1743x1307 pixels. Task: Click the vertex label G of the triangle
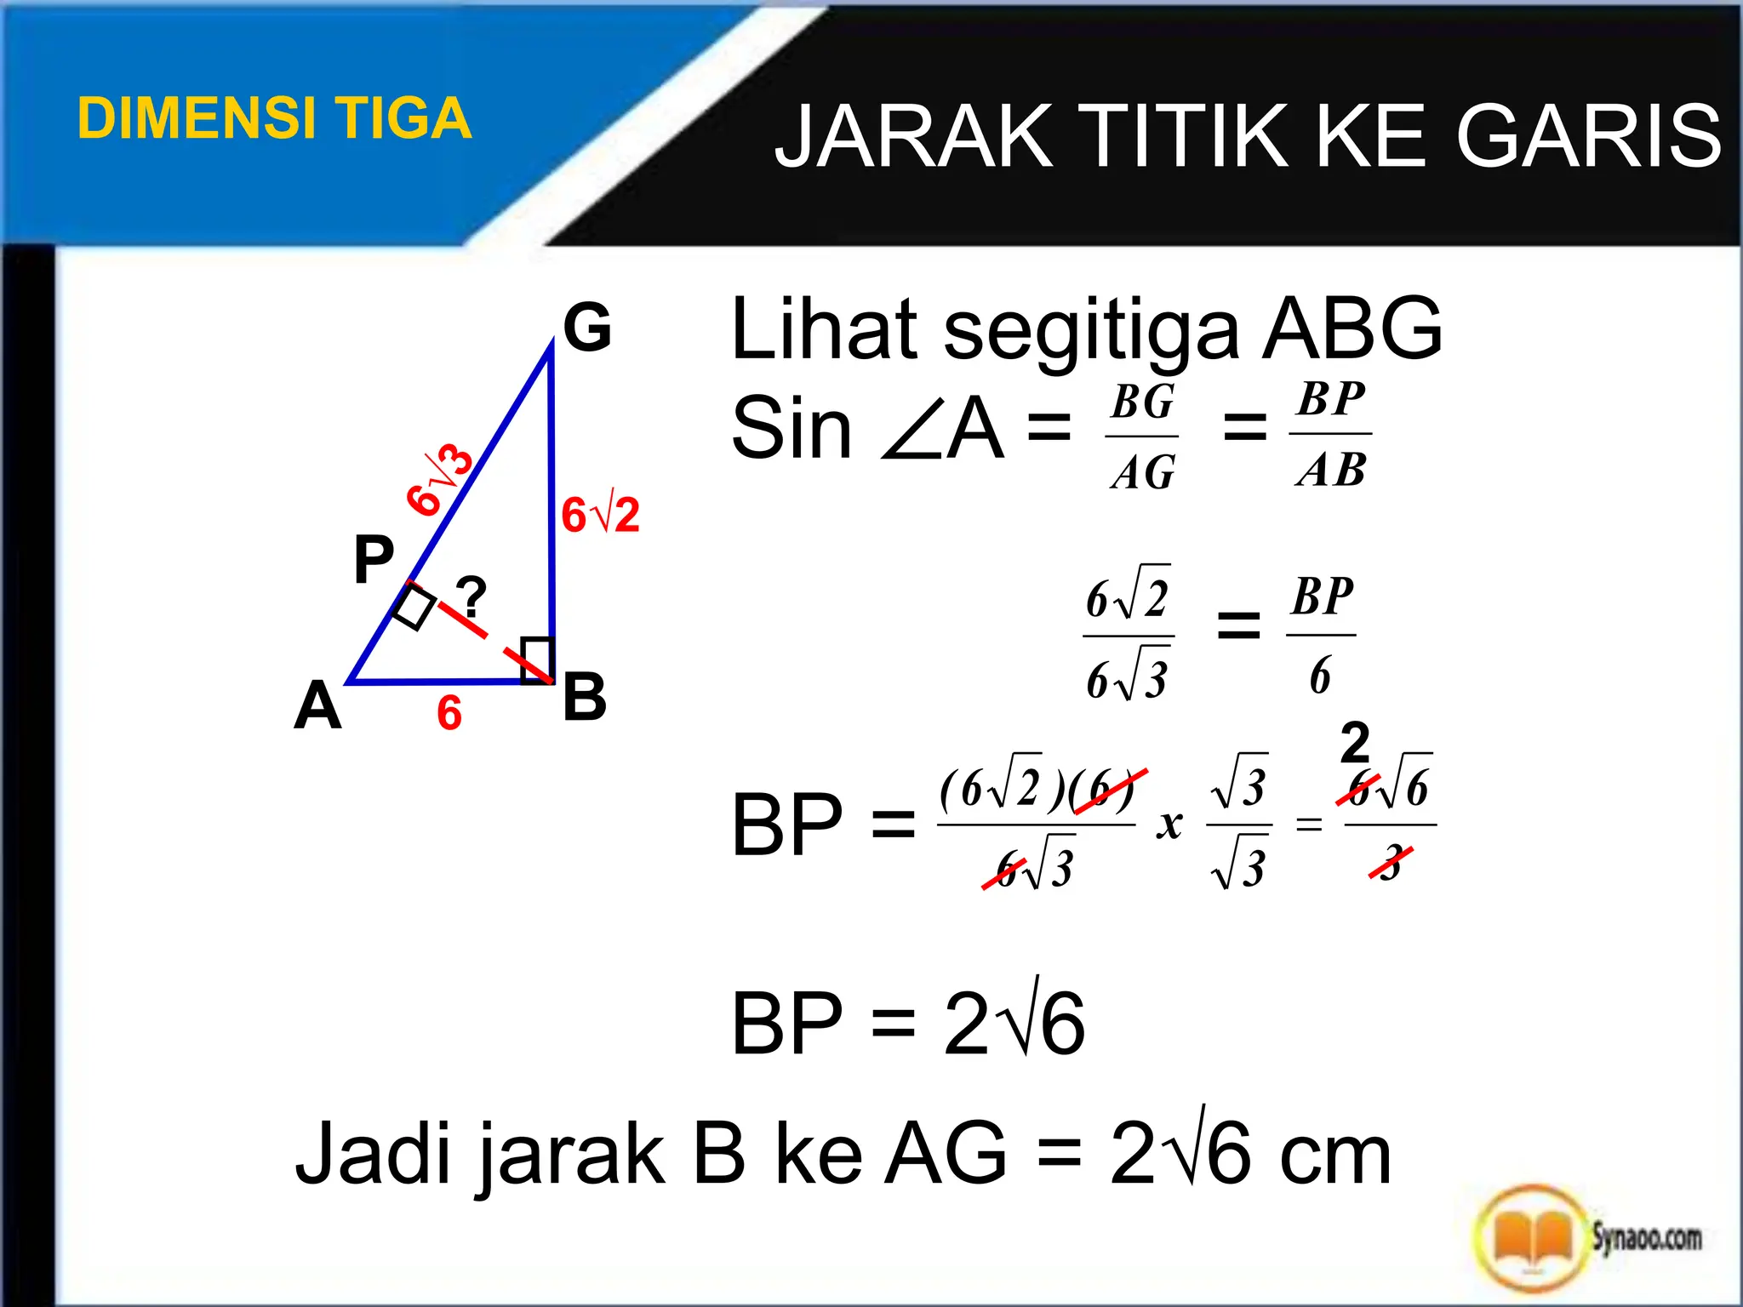click(587, 328)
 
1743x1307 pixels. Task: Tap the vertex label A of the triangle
click(317, 706)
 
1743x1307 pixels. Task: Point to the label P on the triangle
click(374, 559)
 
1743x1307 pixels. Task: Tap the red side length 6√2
click(600, 516)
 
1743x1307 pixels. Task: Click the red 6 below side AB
click(449, 713)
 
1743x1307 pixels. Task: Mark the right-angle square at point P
click(414, 606)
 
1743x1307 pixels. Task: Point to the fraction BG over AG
click(1142, 437)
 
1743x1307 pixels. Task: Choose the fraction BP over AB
click(1330, 434)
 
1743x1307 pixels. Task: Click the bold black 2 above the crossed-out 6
click(1355, 742)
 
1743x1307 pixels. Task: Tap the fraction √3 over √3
click(1239, 824)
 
